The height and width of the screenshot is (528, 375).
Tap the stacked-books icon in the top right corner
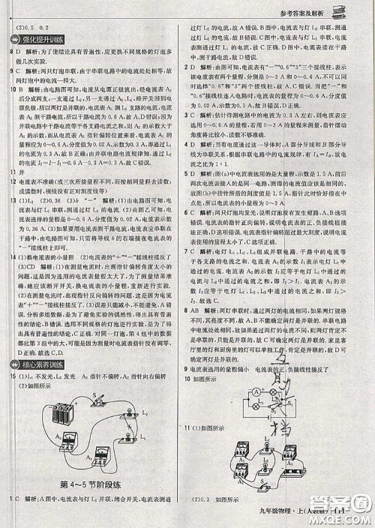click(353, 10)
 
